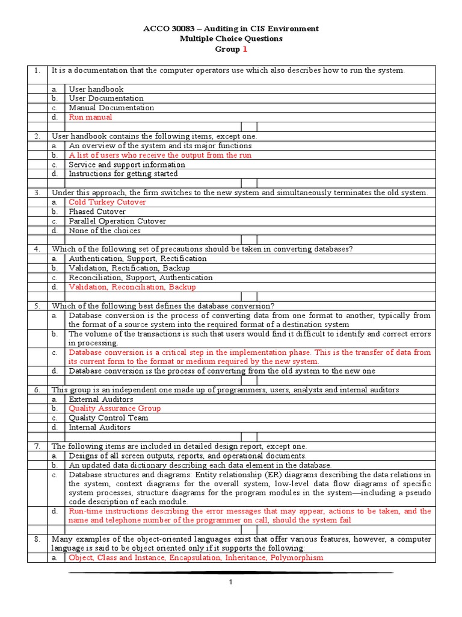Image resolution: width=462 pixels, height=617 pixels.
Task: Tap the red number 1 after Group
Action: [x=245, y=49]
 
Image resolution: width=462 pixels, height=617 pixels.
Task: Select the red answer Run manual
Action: [x=90, y=117]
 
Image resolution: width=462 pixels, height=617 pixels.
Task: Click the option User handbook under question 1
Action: [x=96, y=89]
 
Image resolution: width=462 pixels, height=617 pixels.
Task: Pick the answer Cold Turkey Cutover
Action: [x=107, y=202]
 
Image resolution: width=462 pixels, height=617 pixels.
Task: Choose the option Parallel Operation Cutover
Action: [x=117, y=221]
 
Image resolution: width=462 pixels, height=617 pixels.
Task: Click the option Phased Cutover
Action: [x=97, y=212]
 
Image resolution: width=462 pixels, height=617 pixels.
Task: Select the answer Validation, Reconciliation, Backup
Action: [x=132, y=287]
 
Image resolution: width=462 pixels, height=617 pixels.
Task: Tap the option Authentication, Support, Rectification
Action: [x=138, y=258]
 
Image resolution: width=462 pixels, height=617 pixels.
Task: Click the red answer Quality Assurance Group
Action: [x=114, y=409]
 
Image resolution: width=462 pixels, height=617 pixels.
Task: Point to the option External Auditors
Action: [x=101, y=399]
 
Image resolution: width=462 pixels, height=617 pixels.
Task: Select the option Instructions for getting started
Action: [x=123, y=174]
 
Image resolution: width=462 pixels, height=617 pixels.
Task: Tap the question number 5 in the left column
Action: [x=37, y=306]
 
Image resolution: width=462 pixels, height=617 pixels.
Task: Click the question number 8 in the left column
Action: [x=37, y=539]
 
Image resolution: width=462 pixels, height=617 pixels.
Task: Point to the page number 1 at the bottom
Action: [x=230, y=583]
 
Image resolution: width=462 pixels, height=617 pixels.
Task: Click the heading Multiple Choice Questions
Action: [x=231, y=39]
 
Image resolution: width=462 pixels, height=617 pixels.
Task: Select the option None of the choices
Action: [x=105, y=231]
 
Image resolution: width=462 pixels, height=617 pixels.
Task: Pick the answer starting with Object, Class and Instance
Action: [x=196, y=558]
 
